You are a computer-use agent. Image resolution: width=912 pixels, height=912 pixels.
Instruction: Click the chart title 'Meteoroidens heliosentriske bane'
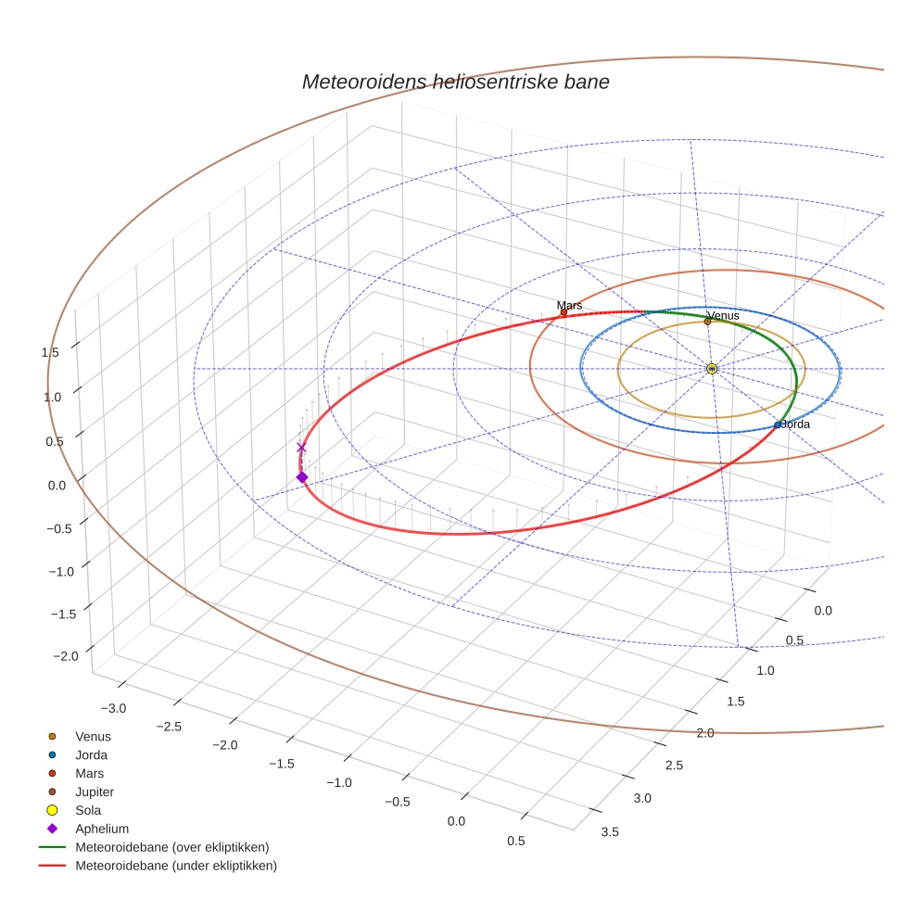[455, 82]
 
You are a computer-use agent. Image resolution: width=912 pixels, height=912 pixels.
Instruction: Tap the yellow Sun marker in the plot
[712, 369]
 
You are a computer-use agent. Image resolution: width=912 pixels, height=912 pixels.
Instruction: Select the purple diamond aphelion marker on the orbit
[301, 477]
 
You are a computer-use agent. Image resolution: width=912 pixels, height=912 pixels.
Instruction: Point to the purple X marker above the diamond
[301, 448]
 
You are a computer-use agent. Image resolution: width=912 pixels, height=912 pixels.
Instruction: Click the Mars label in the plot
[569, 305]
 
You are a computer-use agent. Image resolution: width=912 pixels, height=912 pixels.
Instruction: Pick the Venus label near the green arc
[724, 316]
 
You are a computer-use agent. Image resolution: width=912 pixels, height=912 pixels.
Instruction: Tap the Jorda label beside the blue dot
[796, 424]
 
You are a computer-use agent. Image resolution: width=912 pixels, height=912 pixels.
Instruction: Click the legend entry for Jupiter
[95, 792]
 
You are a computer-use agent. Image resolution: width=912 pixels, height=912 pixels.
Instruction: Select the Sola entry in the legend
[88, 810]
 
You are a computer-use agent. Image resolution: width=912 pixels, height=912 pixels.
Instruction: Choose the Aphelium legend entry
[102, 829]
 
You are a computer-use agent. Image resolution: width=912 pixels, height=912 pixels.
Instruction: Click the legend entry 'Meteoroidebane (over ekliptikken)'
[172, 847]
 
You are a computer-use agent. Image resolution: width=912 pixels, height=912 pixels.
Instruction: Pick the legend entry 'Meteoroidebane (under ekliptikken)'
[176, 866]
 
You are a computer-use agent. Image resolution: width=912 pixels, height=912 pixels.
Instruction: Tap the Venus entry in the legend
[93, 737]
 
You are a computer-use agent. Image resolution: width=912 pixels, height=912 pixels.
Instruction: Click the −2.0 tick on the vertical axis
[66, 656]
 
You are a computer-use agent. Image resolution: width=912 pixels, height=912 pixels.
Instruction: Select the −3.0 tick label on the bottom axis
[113, 708]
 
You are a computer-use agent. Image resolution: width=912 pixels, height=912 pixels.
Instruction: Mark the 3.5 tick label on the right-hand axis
[610, 831]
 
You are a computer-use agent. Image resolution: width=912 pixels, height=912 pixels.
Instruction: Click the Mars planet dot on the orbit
[564, 312]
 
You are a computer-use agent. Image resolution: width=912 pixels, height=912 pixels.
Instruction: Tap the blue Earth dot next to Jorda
[778, 425]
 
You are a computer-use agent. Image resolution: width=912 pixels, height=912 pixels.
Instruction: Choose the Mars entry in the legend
[89, 773]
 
